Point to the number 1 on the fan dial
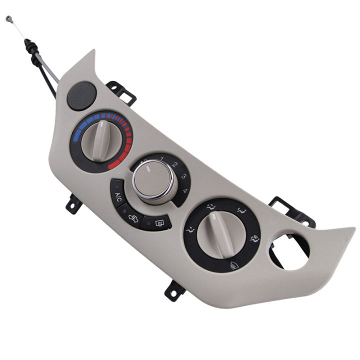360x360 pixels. point(162,159)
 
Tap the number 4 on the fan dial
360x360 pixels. point(185,190)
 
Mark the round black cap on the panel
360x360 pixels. point(81,96)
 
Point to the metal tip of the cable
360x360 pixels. point(9,19)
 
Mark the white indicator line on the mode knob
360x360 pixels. point(214,218)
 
